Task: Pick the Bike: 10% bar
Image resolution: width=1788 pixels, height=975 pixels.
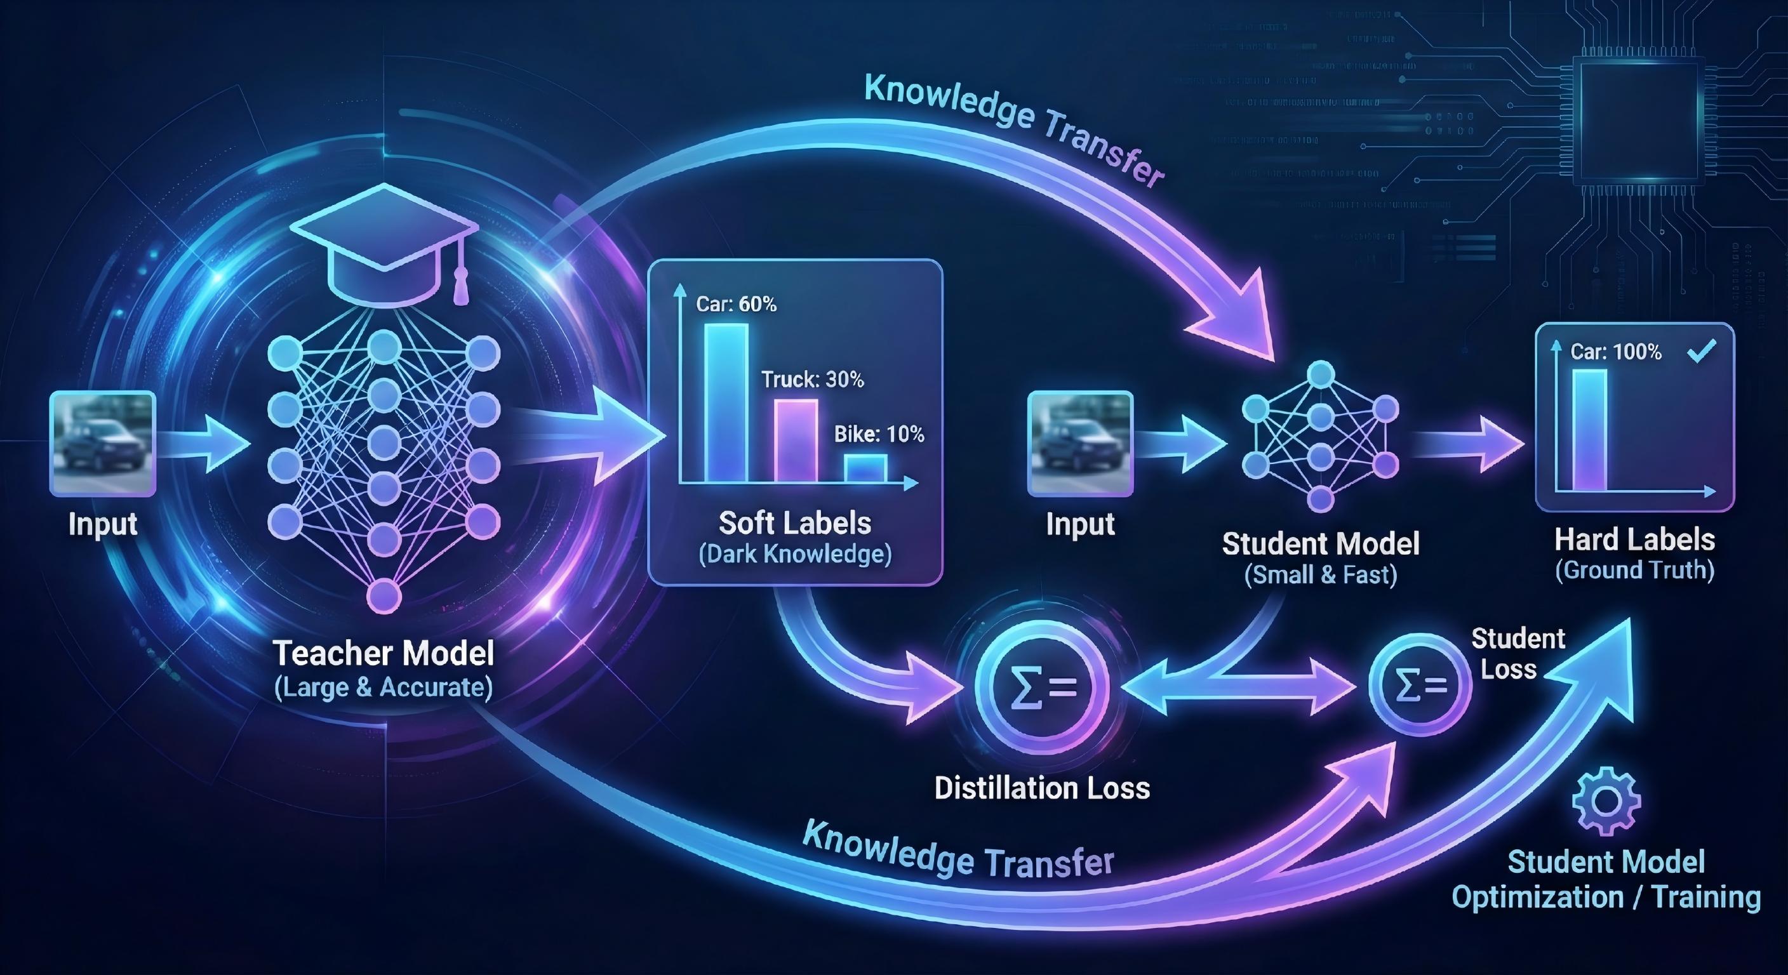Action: tap(865, 468)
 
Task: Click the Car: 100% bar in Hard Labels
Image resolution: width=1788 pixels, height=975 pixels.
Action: tap(1589, 430)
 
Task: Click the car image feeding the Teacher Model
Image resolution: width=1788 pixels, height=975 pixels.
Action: tap(103, 442)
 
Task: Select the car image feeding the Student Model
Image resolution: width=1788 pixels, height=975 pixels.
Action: tap(1080, 442)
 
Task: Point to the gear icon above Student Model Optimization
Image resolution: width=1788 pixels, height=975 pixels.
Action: tap(1606, 801)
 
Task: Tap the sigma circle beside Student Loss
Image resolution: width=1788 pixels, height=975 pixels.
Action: tap(1420, 685)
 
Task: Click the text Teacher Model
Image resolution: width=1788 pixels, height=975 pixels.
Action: tap(383, 653)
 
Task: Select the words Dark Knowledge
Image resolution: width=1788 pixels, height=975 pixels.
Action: tap(795, 554)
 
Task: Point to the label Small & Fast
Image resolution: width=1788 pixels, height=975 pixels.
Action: tap(1320, 574)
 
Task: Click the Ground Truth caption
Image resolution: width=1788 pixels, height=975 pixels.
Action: tap(1634, 571)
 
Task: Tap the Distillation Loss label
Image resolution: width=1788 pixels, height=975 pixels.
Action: tap(1042, 788)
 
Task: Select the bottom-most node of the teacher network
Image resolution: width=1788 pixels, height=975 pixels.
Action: tap(384, 595)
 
